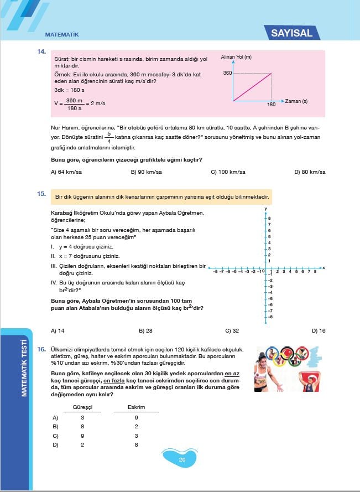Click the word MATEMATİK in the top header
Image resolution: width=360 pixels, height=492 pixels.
[62, 34]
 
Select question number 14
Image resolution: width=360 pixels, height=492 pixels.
[41, 52]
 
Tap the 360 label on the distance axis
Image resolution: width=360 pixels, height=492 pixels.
[227, 73]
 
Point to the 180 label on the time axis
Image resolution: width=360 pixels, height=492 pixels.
[271, 104]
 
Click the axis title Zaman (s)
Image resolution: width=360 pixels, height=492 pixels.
[297, 101]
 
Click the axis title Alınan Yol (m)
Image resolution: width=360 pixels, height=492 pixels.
[236, 57]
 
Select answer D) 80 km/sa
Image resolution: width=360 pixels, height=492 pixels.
[310, 172]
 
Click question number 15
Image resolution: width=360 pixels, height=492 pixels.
[41, 194]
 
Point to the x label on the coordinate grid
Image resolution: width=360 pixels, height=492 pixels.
[324, 268]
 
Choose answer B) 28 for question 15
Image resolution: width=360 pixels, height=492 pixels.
[145, 330]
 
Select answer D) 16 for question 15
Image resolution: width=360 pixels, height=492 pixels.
[319, 330]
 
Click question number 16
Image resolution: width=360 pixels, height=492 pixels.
[41, 350]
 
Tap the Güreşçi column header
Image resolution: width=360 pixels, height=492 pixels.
[82, 407]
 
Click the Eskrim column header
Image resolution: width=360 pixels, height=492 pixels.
[136, 407]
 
